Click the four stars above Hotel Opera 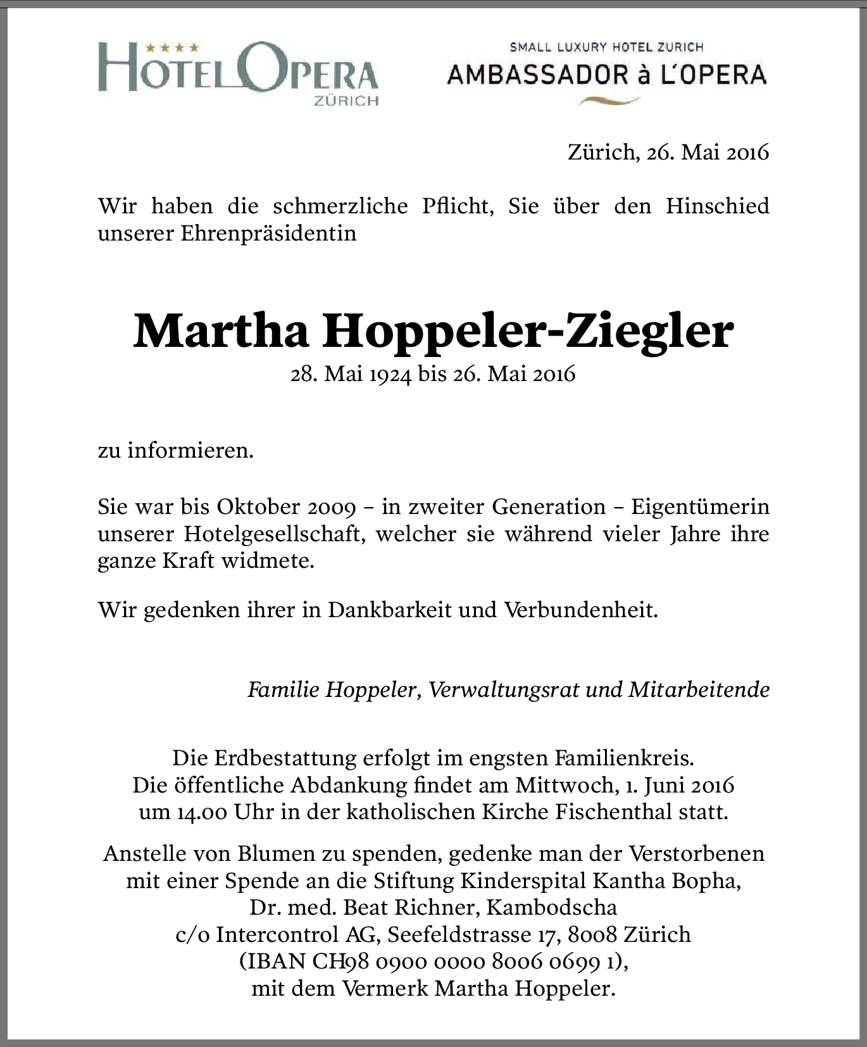coord(172,47)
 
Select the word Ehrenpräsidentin coord(268,233)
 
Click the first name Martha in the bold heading coord(221,331)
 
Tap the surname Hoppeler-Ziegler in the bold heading coord(528,331)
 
